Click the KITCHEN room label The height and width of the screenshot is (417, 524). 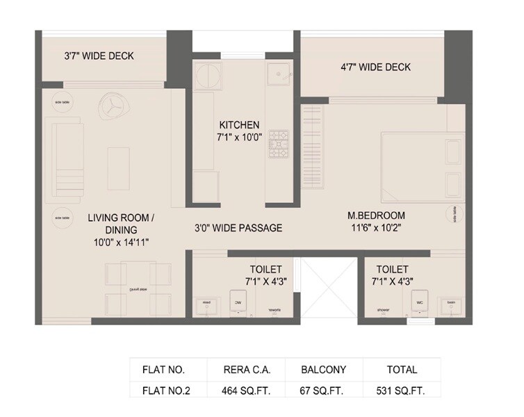pyautogui.click(x=238, y=125)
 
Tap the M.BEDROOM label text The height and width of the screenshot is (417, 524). pyautogui.click(x=376, y=215)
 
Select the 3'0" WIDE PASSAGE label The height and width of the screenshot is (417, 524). pyautogui.click(x=238, y=228)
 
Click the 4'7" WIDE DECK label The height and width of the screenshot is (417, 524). pyautogui.click(x=375, y=67)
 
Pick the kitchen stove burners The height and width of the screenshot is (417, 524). pyautogui.click(x=279, y=142)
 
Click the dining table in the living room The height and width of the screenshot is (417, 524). pyautogui.click(x=138, y=287)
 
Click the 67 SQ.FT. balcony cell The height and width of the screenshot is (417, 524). pyautogui.click(x=323, y=391)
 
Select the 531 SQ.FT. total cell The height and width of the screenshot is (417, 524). pyautogui.click(x=402, y=391)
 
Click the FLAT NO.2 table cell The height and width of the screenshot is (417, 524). pyautogui.click(x=166, y=391)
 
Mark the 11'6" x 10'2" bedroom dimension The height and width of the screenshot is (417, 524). pyautogui.click(x=376, y=227)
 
